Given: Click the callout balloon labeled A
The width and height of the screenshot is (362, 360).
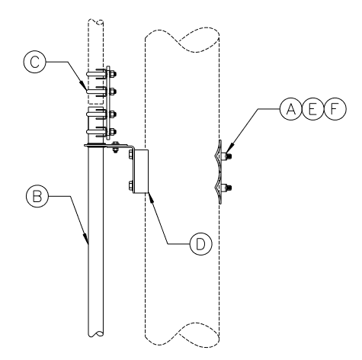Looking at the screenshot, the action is click(x=291, y=109).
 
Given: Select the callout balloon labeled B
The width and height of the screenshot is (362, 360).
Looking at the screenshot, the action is click(x=37, y=196).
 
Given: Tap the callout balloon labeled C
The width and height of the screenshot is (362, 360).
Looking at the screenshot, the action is click(x=35, y=62).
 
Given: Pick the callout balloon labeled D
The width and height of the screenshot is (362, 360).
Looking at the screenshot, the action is click(x=200, y=244).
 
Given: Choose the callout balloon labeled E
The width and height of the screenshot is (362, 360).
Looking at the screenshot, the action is click(x=313, y=109).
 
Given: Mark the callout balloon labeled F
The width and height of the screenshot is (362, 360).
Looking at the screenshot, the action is click(x=335, y=109).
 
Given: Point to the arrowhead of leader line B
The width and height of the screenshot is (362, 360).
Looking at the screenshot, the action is click(x=86, y=238).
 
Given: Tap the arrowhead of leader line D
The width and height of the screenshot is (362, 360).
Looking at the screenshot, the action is click(x=150, y=198).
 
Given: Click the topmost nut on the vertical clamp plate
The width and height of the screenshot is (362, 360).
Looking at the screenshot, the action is click(x=113, y=74).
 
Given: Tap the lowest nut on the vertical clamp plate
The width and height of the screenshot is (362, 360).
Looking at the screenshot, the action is click(x=113, y=132).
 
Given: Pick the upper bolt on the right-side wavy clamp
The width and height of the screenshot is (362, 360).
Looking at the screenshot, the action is click(x=226, y=156).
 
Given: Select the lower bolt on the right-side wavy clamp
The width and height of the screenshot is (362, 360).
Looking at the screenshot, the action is click(x=226, y=188).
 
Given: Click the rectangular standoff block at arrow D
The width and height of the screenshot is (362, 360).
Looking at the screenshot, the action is click(x=141, y=171).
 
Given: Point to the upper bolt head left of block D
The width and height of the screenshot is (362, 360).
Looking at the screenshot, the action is click(x=131, y=155).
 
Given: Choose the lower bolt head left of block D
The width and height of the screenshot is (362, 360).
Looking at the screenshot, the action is click(x=131, y=185).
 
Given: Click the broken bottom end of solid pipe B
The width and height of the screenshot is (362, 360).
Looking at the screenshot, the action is click(x=96, y=333).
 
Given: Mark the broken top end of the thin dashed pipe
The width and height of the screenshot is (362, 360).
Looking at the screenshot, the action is click(x=96, y=21).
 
